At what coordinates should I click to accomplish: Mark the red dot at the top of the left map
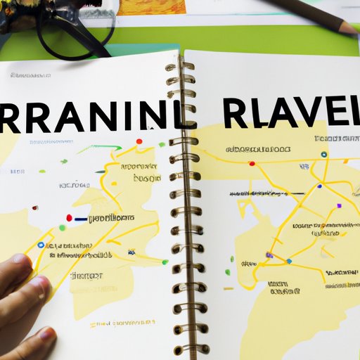(x=139, y=141)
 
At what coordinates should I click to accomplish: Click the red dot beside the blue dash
(x=69, y=218)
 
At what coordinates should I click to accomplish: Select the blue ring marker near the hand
(x=40, y=245)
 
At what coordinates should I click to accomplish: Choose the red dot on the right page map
(x=252, y=164)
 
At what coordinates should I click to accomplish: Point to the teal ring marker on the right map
(x=323, y=155)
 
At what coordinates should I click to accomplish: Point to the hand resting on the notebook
(x=25, y=295)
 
